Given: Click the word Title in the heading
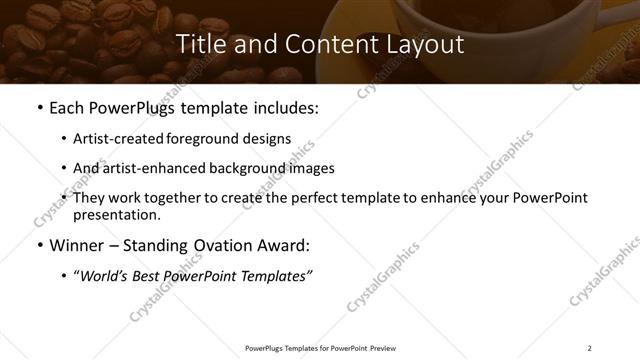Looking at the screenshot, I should [198, 45].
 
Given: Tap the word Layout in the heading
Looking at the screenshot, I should [425, 45].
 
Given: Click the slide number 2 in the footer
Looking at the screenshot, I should [589, 348].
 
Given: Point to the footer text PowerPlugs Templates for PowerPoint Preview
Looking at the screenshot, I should [319, 348].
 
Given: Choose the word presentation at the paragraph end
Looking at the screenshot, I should [115, 214].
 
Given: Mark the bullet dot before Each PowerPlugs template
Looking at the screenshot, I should [39, 109].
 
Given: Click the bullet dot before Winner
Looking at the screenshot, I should [39, 244].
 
